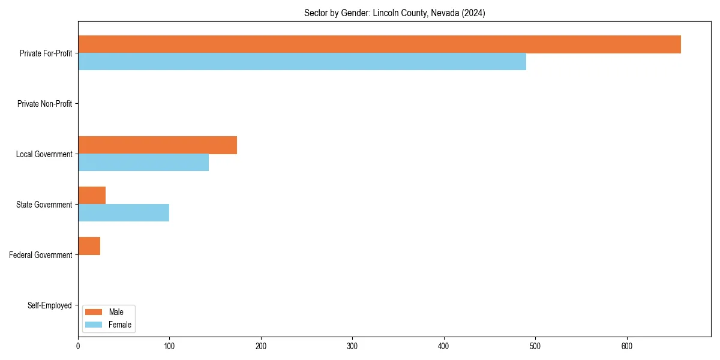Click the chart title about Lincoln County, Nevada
[x=394, y=13]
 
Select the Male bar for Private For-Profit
[x=379, y=44]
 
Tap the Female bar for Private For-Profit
[x=302, y=62]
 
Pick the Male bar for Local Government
[x=157, y=145]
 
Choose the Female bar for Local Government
[x=143, y=163]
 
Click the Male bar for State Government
[x=92, y=196]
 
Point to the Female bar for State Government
[x=124, y=213]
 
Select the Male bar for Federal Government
[x=89, y=246]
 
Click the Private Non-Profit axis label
[x=44, y=104]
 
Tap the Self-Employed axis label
[x=49, y=305]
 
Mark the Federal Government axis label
[x=41, y=255]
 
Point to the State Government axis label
[x=44, y=205]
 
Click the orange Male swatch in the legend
[x=94, y=312]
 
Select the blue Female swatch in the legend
[x=94, y=325]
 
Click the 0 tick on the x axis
[x=78, y=346]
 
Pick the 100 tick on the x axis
[x=169, y=346]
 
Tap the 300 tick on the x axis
[x=352, y=346]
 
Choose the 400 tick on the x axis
[x=444, y=346]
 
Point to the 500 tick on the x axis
[x=535, y=346]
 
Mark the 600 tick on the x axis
[x=627, y=346]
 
